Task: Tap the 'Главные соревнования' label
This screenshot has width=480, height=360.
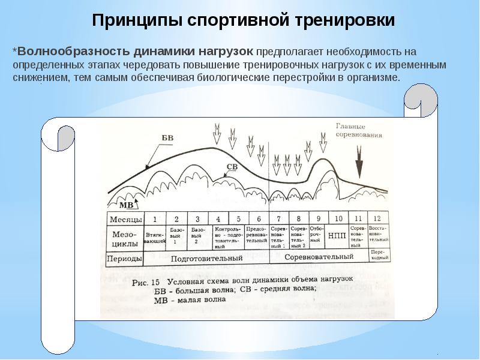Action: pos(358,131)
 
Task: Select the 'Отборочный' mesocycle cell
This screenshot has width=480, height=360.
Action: pos(318,236)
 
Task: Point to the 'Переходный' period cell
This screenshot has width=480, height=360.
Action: pos(380,256)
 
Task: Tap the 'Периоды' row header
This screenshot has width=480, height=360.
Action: pos(124,259)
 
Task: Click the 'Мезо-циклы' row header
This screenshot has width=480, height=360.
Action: pos(124,238)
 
